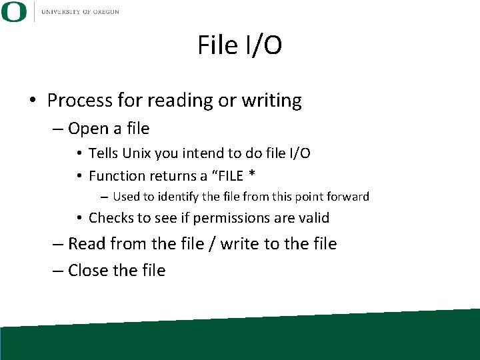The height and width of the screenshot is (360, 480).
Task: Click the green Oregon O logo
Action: click(14, 11)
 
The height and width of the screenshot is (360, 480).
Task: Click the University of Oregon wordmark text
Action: click(80, 12)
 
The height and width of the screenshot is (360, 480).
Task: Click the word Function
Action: click(117, 176)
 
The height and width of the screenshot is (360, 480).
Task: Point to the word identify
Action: click(180, 197)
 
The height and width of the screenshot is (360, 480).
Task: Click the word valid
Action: click(312, 218)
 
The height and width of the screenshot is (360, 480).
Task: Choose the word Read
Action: click(87, 244)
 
